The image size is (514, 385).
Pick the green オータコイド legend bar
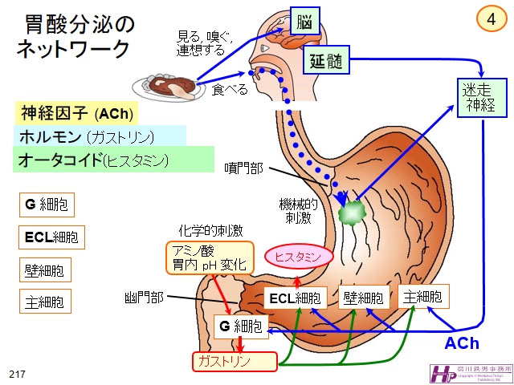[x=112, y=159]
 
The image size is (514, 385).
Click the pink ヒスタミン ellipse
[x=298, y=257]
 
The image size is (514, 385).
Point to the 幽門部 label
[x=145, y=298]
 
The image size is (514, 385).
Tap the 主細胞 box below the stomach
[x=422, y=296]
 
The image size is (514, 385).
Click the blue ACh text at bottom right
[x=462, y=343]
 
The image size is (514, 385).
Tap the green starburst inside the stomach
[x=352, y=213]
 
